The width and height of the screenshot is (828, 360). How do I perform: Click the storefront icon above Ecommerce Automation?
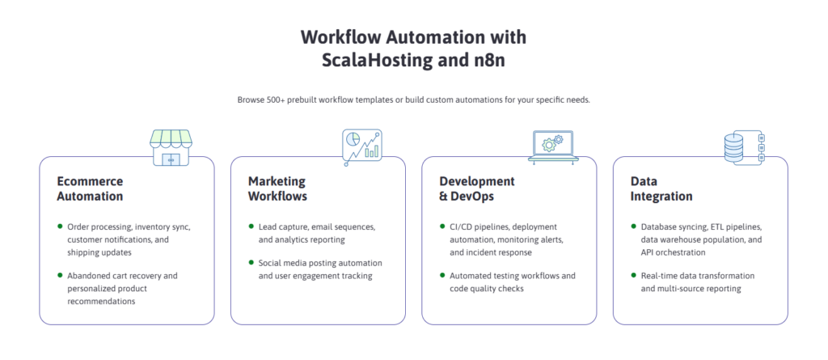click(171, 149)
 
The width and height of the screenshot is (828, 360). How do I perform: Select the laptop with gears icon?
click(553, 146)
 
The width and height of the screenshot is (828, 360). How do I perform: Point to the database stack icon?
click(744, 148)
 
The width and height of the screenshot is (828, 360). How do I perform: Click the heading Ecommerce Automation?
click(90, 188)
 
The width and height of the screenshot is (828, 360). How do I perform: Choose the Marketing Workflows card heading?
click(277, 188)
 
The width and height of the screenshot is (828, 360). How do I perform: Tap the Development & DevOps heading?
click(477, 188)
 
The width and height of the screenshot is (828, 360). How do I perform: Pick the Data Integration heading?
click(661, 188)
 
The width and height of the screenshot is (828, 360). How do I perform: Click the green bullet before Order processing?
click(59, 227)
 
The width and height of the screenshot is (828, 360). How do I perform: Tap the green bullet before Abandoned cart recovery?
click(59, 275)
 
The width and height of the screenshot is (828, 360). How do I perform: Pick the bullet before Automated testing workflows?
click(441, 275)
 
